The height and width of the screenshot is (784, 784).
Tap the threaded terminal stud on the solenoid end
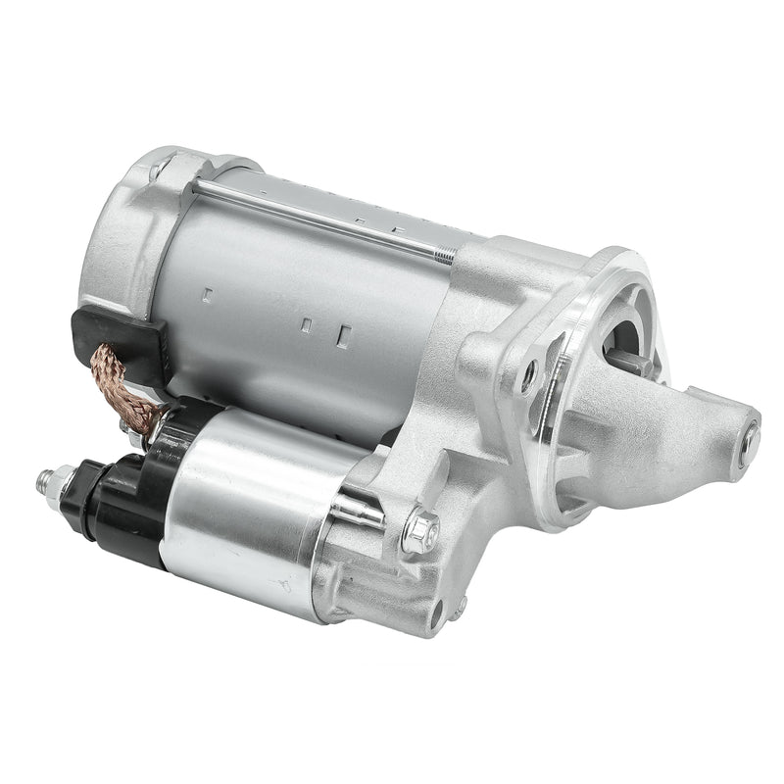[45, 479]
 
